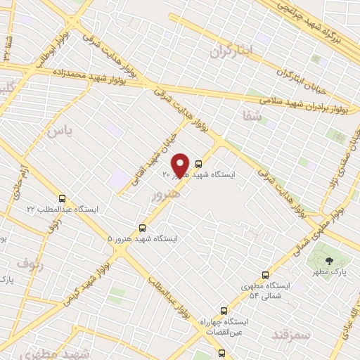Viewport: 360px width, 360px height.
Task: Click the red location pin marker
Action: pos(180,165)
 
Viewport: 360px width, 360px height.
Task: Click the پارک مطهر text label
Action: pos(329,272)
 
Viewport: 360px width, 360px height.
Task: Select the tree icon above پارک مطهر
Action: pos(329,261)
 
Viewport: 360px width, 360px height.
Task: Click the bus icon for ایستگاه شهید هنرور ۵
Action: pos(143,228)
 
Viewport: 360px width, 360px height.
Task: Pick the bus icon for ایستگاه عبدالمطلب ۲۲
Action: pos(63,198)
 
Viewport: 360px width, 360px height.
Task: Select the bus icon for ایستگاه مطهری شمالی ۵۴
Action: pos(265,275)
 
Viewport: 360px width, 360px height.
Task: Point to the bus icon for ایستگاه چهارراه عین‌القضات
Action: pos(224,310)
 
